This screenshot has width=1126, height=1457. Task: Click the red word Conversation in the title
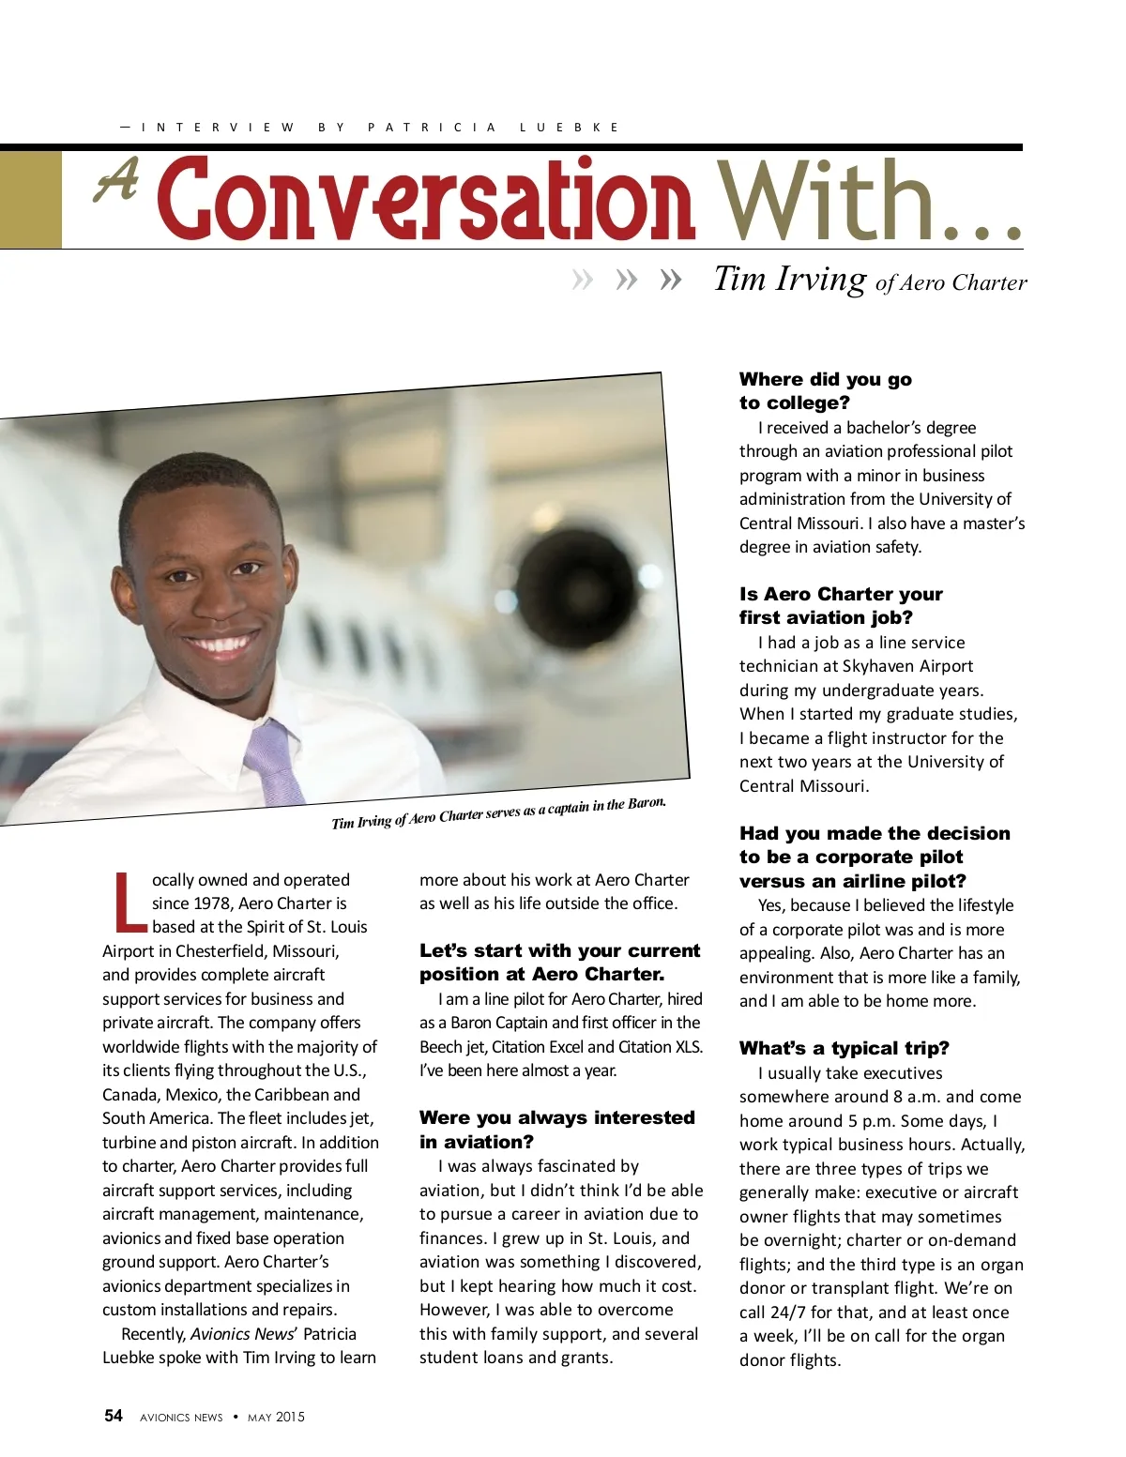[x=427, y=199]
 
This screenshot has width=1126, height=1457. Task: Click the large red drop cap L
[x=129, y=903]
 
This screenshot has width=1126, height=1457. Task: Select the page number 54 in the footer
[x=114, y=1416]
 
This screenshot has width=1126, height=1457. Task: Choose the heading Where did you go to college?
[x=825, y=390]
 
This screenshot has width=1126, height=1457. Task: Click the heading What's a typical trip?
[x=844, y=1048]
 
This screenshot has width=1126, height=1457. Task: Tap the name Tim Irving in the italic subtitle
[x=790, y=279]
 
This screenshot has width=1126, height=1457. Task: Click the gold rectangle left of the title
[x=31, y=199]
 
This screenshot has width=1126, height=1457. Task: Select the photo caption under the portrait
[x=498, y=812]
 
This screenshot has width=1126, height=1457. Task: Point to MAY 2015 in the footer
[x=276, y=1417]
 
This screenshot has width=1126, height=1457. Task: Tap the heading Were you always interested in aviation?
[x=556, y=1129]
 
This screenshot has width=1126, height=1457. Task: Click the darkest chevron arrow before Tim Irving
[x=670, y=280]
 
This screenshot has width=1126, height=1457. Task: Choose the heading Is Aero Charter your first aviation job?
[x=840, y=605]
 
